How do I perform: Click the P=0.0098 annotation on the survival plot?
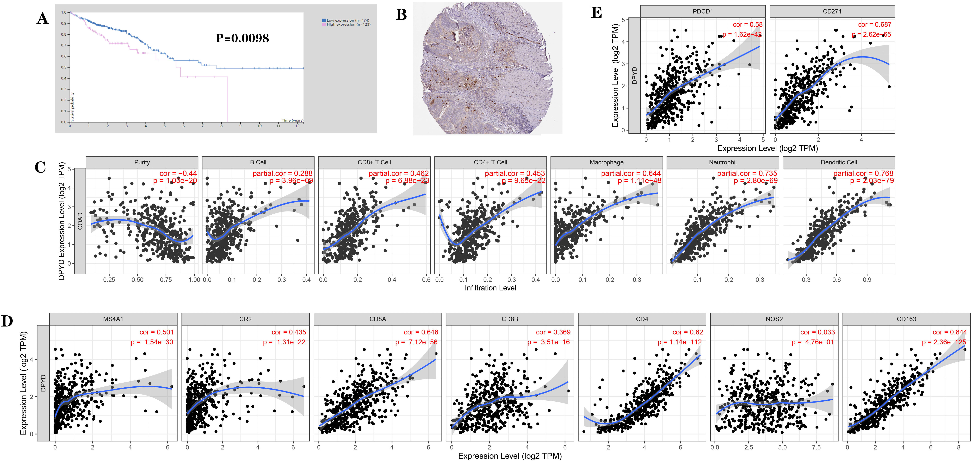click(242, 38)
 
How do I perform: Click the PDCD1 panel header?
click(703, 11)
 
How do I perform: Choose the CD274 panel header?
click(832, 11)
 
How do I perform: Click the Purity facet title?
click(142, 162)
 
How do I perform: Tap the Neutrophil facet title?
click(723, 162)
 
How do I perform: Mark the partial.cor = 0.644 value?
click(631, 173)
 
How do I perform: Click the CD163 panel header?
click(906, 319)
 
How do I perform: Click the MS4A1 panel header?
click(113, 319)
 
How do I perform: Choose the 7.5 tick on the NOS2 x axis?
click(816, 447)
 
